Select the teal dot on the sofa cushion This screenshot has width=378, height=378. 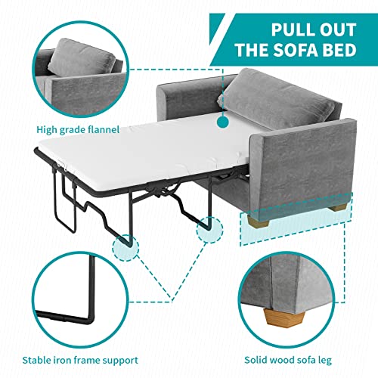[223, 120]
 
